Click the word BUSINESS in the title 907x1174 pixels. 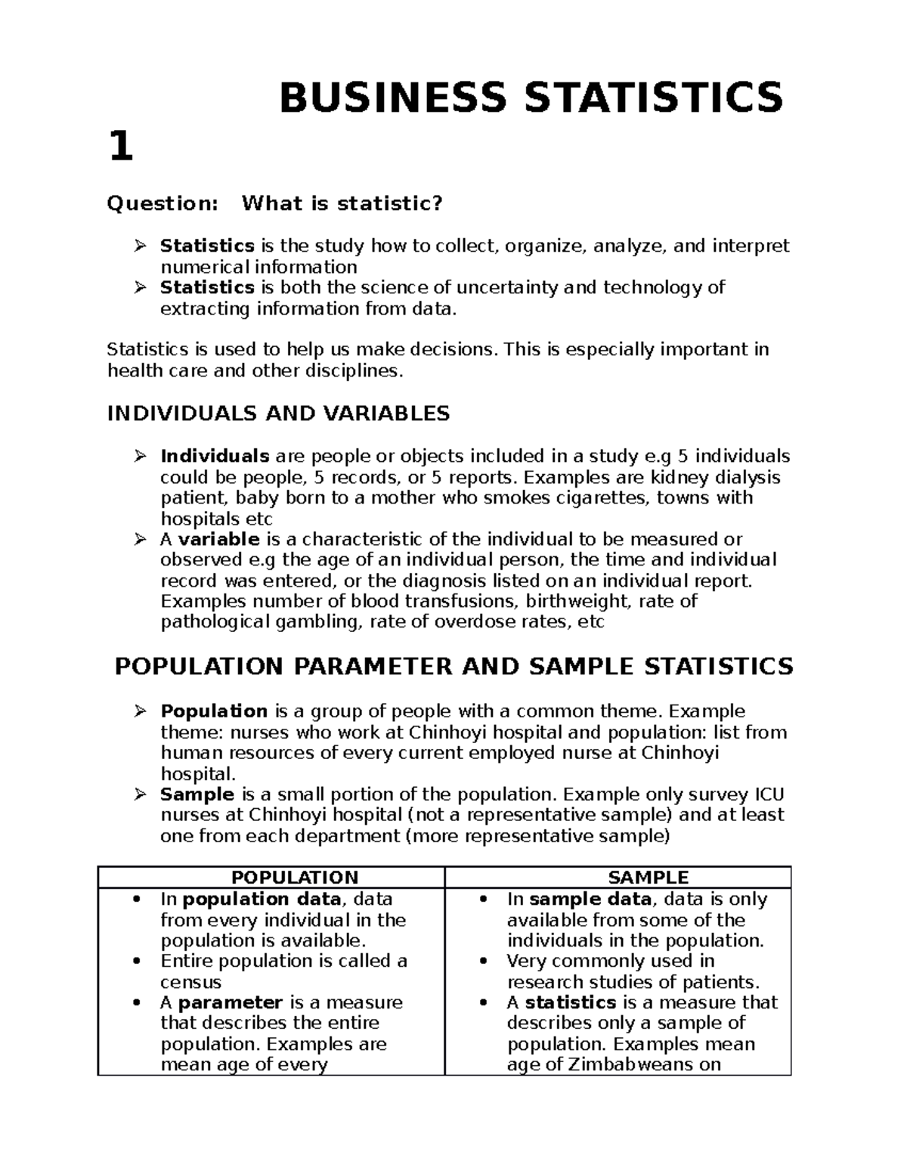click(x=392, y=98)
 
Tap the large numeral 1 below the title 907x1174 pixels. click(x=121, y=147)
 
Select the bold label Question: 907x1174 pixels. click(x=163, y=203)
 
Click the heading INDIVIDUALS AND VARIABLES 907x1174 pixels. click(x=278, y=414)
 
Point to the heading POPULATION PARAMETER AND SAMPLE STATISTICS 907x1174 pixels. click(x=453, y=667)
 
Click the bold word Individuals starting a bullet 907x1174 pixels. click(x=215, y=456)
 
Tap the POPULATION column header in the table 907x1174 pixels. click(x=294, y=878)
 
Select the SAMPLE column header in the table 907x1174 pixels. click(x=648, y=878)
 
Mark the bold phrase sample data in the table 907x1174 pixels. click(x=590, y=900)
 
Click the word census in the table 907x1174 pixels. click(x=190, y=983)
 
